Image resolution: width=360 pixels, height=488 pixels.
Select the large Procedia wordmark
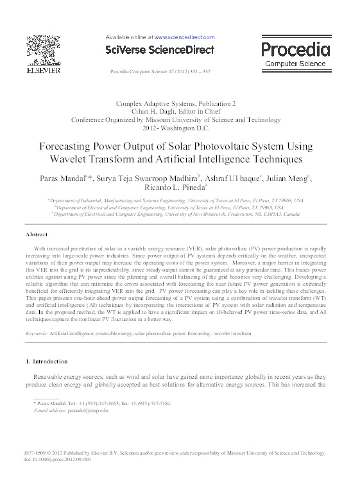[296, 49]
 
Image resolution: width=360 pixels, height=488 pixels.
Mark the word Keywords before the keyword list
[36, 334]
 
